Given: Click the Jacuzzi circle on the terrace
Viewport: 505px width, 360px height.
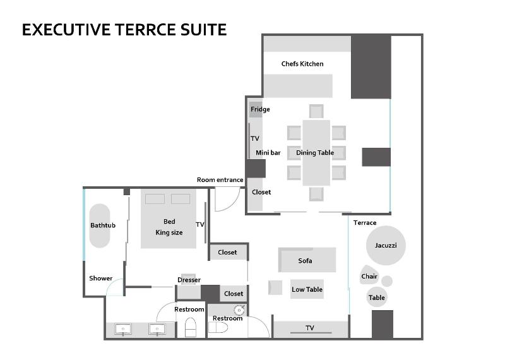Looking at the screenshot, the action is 386,245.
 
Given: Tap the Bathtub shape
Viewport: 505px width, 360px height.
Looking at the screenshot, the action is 100,225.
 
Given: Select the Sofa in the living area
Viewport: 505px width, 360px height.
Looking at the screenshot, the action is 307,260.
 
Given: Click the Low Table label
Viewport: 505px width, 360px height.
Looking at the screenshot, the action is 307,289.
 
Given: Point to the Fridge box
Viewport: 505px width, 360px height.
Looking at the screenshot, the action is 256,110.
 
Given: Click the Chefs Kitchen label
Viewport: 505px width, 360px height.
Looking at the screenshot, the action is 302,64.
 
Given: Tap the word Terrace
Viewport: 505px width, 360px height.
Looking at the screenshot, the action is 365,223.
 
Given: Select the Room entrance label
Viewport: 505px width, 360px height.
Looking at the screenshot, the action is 220,180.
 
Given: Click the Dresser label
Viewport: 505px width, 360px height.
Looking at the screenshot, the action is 189,280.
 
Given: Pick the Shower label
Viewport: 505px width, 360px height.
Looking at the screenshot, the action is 101,278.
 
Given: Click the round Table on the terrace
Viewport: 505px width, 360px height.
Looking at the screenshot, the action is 376,297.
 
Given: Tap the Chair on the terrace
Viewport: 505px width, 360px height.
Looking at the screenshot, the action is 369,275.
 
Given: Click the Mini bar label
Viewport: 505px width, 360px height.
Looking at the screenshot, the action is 268,153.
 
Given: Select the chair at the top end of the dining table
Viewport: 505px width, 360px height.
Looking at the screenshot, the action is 316,111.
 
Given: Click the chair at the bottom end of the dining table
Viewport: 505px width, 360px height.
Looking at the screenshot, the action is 316,194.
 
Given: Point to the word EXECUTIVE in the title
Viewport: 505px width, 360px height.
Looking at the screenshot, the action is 66,30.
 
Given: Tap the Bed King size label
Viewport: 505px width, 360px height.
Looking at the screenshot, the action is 169,227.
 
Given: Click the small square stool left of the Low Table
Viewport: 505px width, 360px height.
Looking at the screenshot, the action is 275,287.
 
